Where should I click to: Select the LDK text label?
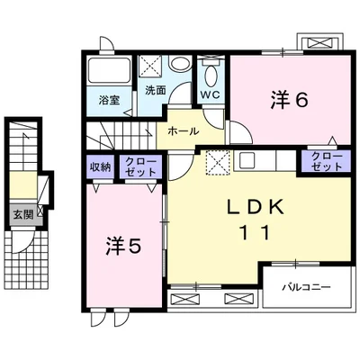255,207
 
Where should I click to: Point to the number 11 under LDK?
255,232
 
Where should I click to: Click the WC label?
211,94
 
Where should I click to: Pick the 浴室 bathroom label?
110,100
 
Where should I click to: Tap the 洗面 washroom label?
156,90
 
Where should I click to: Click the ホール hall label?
183,131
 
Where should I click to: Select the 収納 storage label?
100,167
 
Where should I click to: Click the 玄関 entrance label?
22,214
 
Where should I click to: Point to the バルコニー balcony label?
306,287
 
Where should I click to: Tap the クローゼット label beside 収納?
140,166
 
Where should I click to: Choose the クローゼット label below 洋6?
327,161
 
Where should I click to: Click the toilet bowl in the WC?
211,76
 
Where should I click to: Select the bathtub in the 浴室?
110,70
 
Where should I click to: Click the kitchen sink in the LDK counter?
247,160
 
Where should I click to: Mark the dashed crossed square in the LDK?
218,162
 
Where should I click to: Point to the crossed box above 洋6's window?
319,43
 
